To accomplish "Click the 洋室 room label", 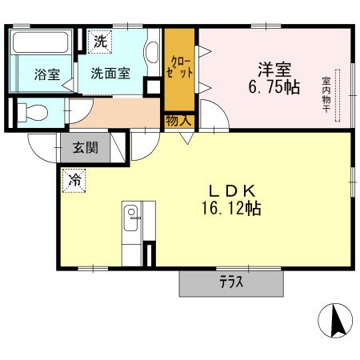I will tap(272, 68).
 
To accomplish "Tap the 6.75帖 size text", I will tap(272, 86).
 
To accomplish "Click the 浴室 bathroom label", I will tap(46, 75).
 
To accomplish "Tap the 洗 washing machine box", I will tap(101, 39).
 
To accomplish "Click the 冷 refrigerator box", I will tap(73, 180).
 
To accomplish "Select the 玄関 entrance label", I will tap(86, 147).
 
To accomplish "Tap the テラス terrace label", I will tap(230, 282).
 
